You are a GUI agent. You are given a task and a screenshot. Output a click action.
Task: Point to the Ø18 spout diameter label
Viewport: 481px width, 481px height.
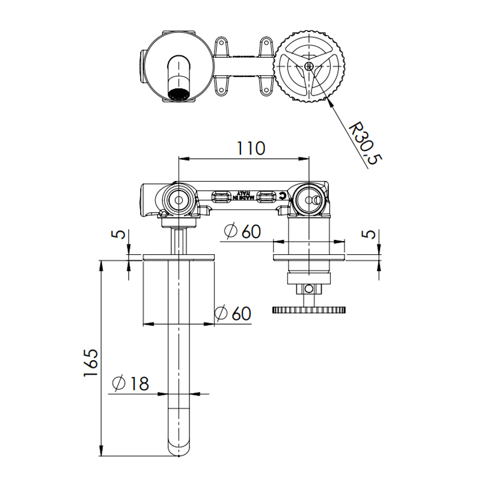[130, 383]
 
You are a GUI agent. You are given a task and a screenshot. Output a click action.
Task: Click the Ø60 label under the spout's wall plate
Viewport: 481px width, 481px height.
[233, 313]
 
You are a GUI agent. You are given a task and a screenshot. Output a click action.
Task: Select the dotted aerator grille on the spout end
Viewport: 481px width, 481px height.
[179, 94]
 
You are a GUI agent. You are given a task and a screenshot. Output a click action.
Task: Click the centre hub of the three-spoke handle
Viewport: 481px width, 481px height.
[308, 66]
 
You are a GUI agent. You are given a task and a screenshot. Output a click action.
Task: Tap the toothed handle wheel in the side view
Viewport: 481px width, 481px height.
[309, 310]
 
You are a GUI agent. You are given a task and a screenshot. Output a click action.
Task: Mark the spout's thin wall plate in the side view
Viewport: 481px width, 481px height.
[179, 257]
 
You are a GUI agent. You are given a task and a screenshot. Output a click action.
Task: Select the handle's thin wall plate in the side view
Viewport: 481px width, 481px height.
[309, 257]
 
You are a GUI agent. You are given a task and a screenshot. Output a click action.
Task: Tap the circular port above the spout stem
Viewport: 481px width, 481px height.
[179, 198]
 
